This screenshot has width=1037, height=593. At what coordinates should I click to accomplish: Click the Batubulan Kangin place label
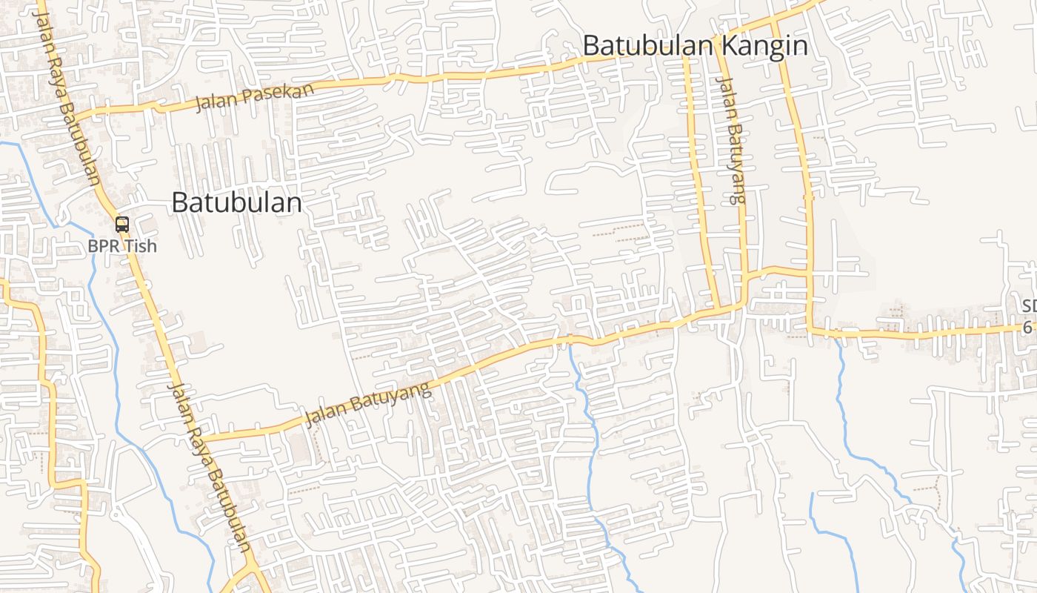694,46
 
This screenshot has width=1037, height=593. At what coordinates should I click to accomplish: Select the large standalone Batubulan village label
236,202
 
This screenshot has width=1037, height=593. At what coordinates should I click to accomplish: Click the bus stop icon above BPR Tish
122,224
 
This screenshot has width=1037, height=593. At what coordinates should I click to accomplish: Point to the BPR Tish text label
122,245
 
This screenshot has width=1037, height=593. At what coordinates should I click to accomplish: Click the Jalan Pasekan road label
255,97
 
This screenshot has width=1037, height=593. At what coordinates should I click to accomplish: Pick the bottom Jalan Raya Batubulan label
210,467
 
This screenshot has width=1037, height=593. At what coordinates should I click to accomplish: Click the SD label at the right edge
1029,306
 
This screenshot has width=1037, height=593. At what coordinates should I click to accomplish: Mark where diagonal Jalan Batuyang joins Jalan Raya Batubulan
201,438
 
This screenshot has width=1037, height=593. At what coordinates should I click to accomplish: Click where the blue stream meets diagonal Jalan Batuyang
570,341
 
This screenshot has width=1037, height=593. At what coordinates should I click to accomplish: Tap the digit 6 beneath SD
1027,327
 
